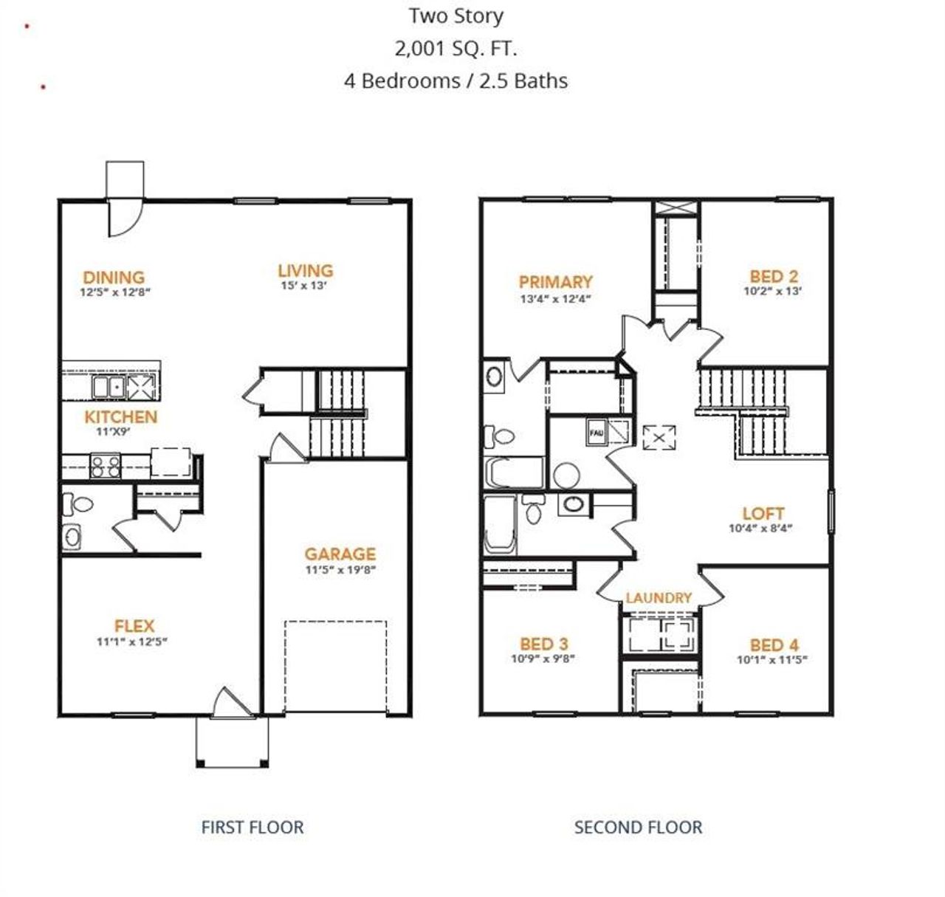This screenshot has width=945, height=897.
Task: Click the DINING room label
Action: click(x=113, y=278)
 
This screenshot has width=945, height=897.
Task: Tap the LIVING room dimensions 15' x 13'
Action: click(x=303, y=286)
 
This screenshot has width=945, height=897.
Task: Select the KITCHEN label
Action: click(x=120, y=417)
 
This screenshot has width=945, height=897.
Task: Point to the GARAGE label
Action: click(x=340, y=554)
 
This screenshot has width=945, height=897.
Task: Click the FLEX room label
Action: click(x=134, y=626)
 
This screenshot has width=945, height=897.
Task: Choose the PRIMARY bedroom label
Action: click(x=555, y=282)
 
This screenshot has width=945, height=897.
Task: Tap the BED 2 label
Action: click(x=773, y=277)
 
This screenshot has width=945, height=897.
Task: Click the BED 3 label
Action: click(x=543, y=644)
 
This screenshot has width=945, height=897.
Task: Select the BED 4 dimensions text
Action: click(x=772, y=660)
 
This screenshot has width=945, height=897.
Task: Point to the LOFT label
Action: click(x=763, y=513)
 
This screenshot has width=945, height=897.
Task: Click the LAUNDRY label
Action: click(x=659, y=598)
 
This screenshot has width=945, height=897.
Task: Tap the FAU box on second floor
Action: click(x=596, y=432)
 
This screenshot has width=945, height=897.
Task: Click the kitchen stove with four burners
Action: click(x=105, y=465)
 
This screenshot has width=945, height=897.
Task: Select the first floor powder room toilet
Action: click(x=78, y=505)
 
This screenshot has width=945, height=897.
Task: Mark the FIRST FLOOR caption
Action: click(x=252, y=827)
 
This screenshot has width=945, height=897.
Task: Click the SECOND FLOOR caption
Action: click(x=638, y=827)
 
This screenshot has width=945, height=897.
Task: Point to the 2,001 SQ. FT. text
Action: click(x=456, y=49)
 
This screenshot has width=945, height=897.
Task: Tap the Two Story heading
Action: click(x=456, y=16)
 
